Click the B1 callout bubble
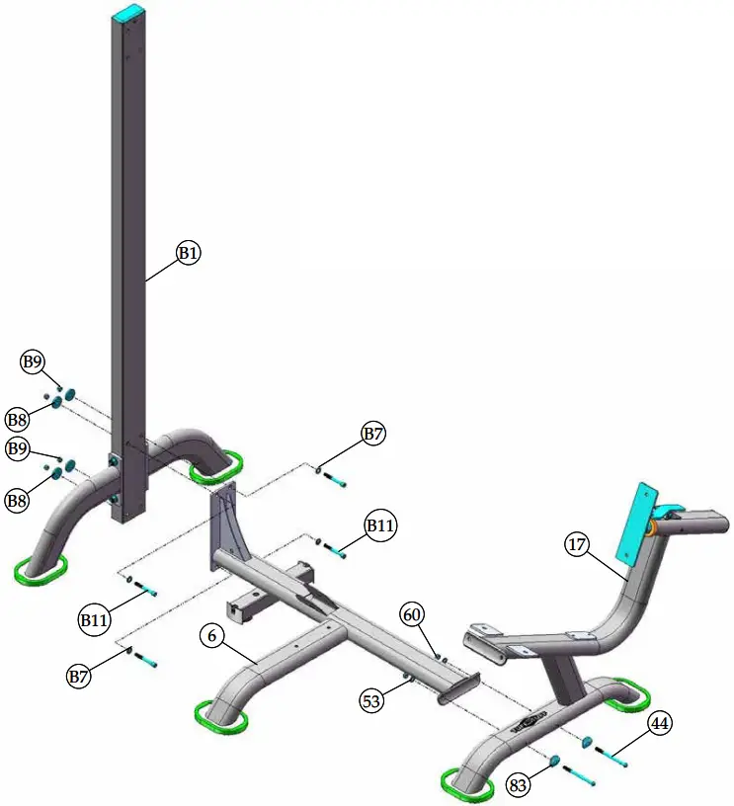(x=189, y=253)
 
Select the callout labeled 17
(x=576, y=543)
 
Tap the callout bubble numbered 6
(x=211, y=636)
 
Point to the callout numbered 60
(x=413, y=614)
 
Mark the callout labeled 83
(x=518, y=786)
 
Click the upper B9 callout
(x=34, y=363)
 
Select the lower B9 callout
(x=19, y=449)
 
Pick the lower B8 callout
(x=17, y=501)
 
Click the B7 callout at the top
(x=372, y=434)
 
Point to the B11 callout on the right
(x=380, y=525)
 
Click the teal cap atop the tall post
(x=127, y=12)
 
